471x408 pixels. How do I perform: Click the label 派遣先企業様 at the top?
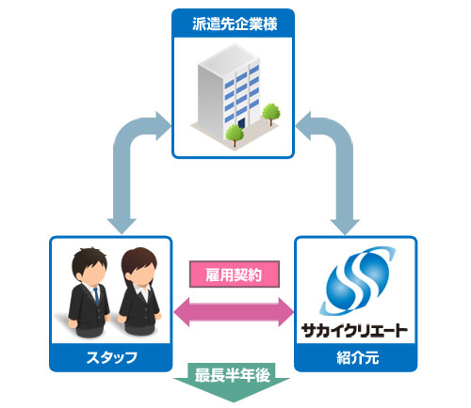[x=235, y=19]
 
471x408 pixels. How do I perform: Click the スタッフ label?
[x=110, y=357]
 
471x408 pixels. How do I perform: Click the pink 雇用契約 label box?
[x=235, y=275]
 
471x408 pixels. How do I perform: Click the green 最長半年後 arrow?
[x=235, y=382]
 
